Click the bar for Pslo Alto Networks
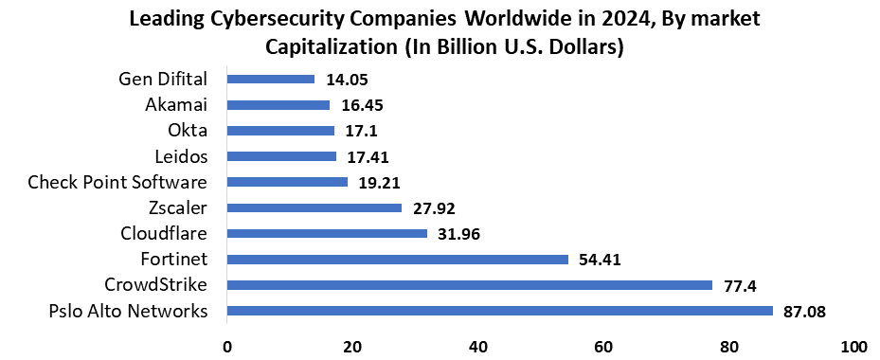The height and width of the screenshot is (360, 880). click(x=500, y=311)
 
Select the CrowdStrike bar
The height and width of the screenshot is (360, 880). click(x=470, y=285)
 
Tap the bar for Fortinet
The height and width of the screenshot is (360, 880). click(x=398, y=260)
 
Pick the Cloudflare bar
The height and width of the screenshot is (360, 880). click(x=327, y=233)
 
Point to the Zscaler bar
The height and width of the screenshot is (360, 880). click(x=314, y=207)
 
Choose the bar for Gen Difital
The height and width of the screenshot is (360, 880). click(x=271, y=80)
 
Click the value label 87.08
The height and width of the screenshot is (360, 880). click(x=805, y=311)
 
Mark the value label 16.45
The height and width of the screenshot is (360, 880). click(x=362, y=105)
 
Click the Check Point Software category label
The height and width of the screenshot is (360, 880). click(x=117, y=182)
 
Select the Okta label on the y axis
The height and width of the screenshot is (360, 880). click(x=186, y=131)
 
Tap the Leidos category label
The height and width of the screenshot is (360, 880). click(x=180, y=156)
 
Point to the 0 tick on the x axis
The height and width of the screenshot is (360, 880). click(x=227, y=346)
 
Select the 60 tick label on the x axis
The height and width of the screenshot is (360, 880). click(x=603, y=346)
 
